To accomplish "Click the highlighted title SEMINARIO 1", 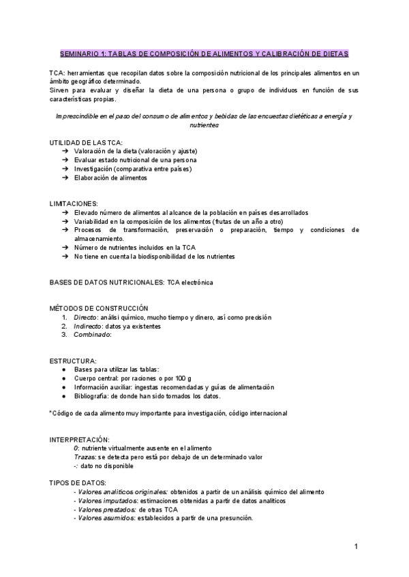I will [204, 52].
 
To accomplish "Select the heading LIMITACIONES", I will [74, 203].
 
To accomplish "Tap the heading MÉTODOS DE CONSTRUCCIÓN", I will [98, 308].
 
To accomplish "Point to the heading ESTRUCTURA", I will [73, 360].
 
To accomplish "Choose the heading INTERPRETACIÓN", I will [79, 440].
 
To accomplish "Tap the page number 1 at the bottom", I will [356, 546].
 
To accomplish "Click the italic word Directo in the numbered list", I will [85, 317].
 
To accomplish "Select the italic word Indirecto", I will [88, 326].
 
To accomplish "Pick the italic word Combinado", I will [91, 335].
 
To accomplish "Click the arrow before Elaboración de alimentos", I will [64, 178].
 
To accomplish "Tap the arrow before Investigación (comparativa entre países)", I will [64, 169].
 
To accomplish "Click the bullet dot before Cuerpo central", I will [63, 378].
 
